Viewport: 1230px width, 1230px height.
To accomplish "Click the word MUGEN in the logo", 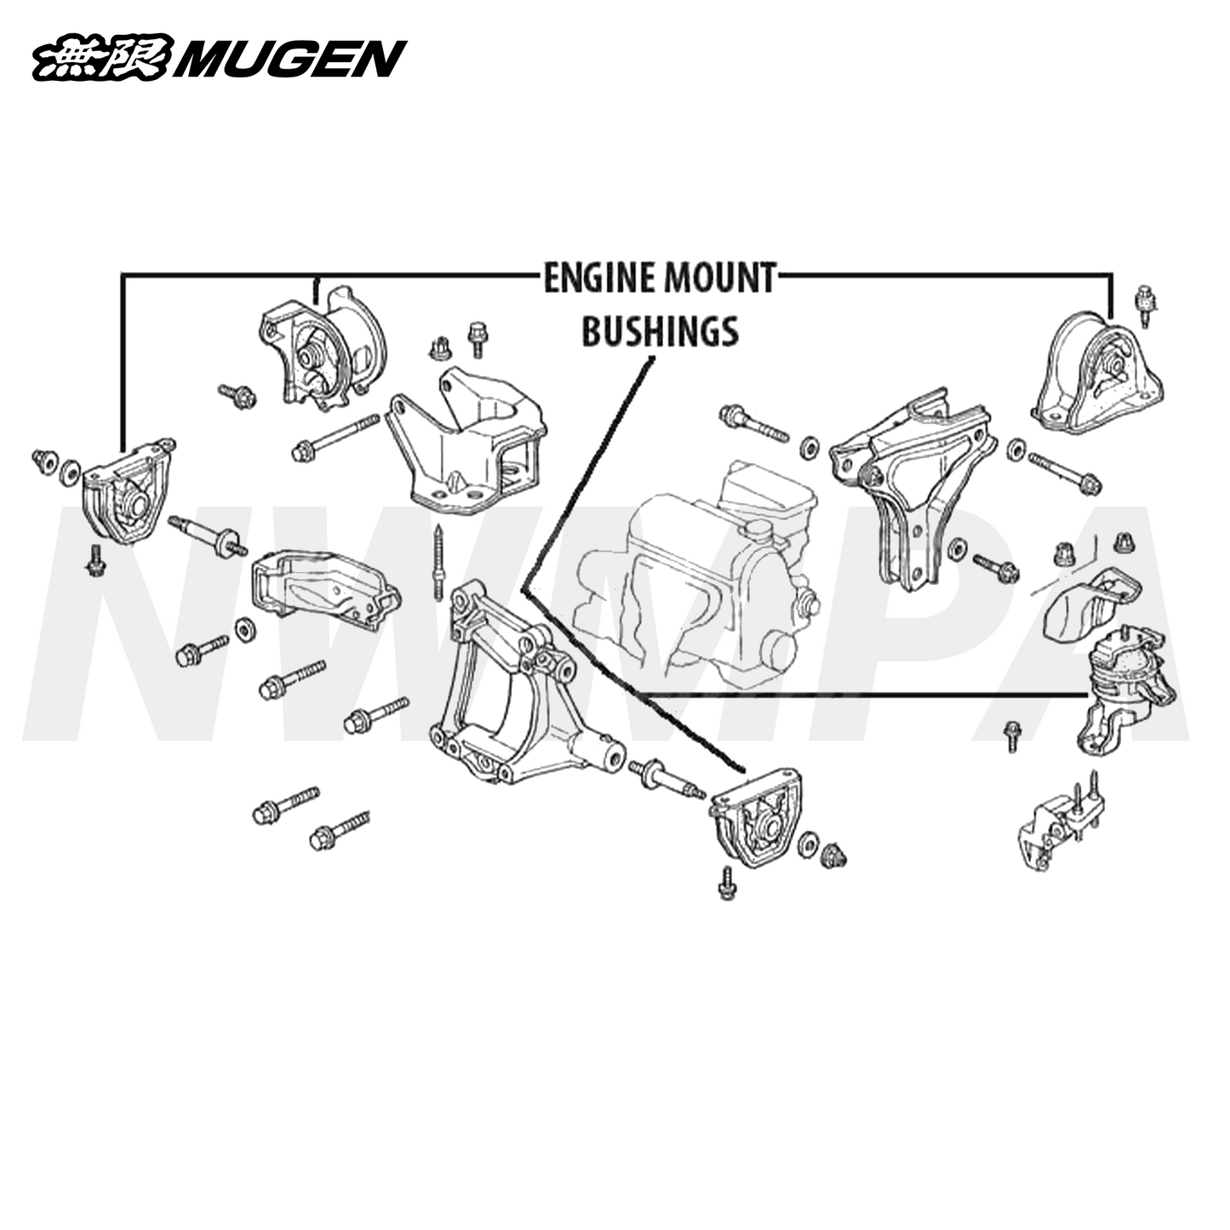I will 289,60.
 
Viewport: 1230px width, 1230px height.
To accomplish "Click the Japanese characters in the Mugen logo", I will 102,60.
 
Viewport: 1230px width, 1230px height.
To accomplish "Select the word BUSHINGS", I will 660,331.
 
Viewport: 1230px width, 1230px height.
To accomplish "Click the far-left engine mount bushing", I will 126,492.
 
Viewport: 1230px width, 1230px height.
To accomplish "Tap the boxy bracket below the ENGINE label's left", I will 466,447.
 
